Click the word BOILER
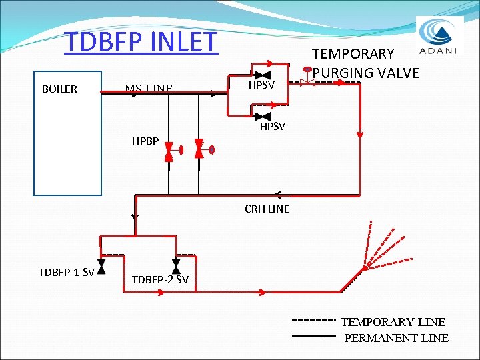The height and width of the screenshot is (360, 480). click(59, 89)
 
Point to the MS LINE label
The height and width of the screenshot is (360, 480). click(149, 88)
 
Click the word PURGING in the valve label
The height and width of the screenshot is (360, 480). click(346, 72)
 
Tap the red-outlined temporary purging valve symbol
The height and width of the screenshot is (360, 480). click(307, 83)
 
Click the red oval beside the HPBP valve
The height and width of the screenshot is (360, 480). click(211, 149)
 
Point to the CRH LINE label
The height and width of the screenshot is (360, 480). click(267, 209)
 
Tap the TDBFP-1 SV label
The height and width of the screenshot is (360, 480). click(66, 271)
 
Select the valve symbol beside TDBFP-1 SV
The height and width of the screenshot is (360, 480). click(101, 267)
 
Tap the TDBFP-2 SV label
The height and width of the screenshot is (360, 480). click(160, 279)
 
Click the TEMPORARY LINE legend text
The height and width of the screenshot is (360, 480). click(393, 321)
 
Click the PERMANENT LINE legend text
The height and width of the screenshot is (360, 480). click(396, 338)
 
